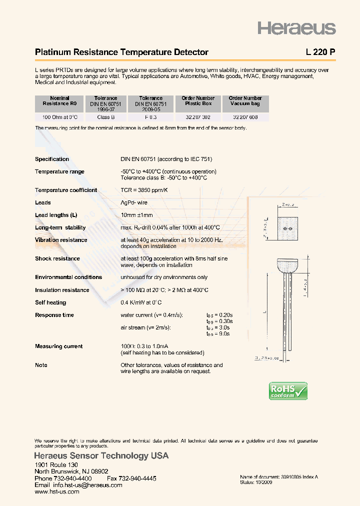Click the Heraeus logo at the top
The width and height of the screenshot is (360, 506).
pyautogui.click(x=296, y=28)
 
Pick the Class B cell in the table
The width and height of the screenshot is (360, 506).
pyautogui.click(x=106, y=117)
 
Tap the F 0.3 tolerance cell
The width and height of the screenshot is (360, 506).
pyautogui.click(x=151, y=117)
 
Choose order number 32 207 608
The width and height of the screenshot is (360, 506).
pyautogui.click(x=245, y=117)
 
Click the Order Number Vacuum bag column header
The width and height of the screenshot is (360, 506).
pyautogui.click(x=245, y=101)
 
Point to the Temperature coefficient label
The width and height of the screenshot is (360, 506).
pyautogui.click(x=66, y=190)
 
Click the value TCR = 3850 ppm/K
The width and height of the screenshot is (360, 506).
pyautogui.click(x=144, y=190)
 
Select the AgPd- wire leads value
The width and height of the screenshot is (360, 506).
pyautogui.click(x=134, y=202)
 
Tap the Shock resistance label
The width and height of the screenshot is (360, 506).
pyautogui.click(x=57, y=258)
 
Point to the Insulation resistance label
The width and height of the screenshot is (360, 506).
pyautogui.click(x=62, y=290)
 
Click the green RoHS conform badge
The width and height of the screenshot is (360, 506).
pyautogui.click(x=288, y=390)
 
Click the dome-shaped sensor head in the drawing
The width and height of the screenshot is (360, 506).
pyautogui.click(x=287, y=264)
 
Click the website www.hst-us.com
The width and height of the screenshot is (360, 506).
pyautogui.click(x=57, y=491)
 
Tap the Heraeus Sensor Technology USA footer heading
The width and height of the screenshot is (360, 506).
pyautogui.click(x=101, y=456)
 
